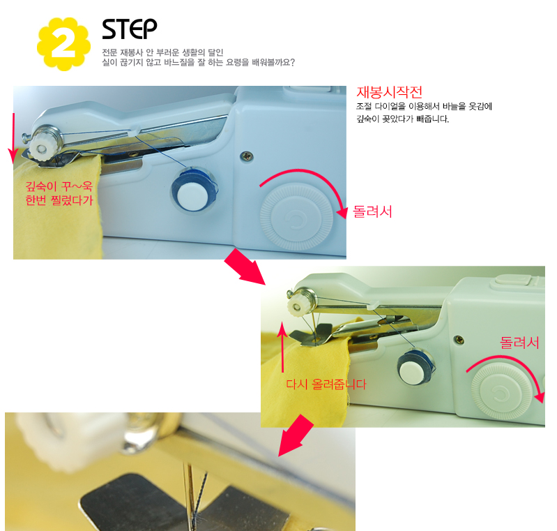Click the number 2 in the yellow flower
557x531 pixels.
(63, 44)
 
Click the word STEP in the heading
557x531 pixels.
(129, 29)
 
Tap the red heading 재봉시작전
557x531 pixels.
(389, 92)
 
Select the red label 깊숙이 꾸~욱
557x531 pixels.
(59, 186)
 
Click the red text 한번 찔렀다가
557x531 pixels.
(59, 200)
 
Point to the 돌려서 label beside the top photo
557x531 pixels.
(372, 211)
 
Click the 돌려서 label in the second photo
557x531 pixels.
(519, 343)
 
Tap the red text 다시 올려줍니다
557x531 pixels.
(326, 384)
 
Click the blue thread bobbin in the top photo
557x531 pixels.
(194, 191)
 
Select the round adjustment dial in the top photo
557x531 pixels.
(296, 216)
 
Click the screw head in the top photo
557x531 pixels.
(246, 156)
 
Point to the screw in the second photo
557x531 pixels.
(459, 340)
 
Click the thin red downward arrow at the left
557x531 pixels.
(13, 138)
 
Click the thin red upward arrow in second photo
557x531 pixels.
(282, 347)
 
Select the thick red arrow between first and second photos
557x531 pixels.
(245, 267)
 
